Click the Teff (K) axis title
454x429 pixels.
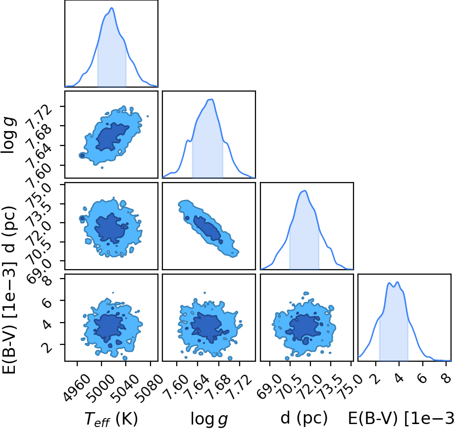(x=111, y=419)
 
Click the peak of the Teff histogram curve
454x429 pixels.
(x=111, y=8)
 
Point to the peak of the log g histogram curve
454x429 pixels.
(x=212, y=99)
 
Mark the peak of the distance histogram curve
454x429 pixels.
(x=304, y=191)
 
